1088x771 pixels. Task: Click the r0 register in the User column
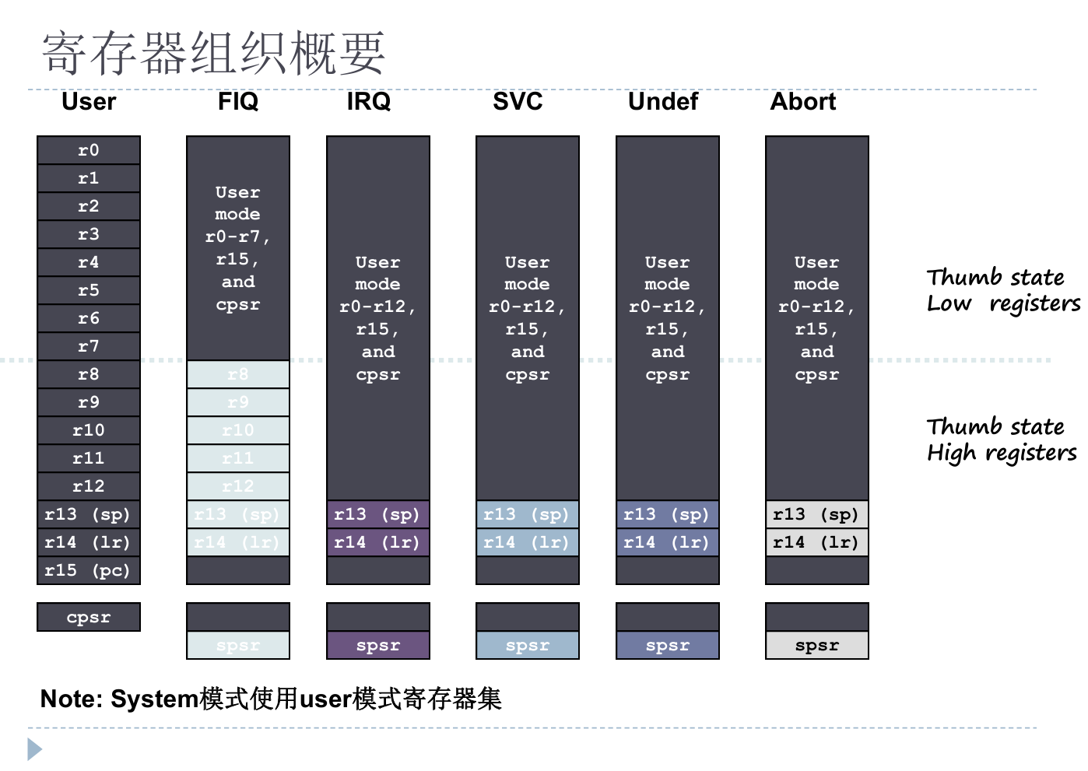tap(89, 150)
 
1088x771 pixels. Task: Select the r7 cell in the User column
tap(89, 346)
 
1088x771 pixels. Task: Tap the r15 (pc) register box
tap(89, 570)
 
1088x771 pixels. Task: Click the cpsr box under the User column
tap(89, 617)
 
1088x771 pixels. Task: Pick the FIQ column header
tap(238, 102)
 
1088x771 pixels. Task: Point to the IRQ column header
tap(369, 102)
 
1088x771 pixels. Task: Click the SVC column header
tap(518, 102)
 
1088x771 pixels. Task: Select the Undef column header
tap(663, 102)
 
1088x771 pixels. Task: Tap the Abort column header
tap(803, 102)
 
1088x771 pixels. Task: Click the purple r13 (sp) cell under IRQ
tap(378, 514)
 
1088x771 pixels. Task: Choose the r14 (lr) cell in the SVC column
tap(528, 542)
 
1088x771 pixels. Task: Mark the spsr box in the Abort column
tap(817, 645)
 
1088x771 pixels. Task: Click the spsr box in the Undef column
tap(668, 645)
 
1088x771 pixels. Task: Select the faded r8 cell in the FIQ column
tap(238, 374)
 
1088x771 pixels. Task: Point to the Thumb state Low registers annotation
tap(1002, 290)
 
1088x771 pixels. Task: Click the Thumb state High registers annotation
tap(1002, 440)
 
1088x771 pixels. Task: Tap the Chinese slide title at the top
tap(214, 54)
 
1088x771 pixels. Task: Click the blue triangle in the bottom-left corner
tap(35, 749)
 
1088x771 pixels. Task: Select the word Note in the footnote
tap(68, 699)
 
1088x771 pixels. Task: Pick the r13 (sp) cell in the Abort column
tap(817, 514)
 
